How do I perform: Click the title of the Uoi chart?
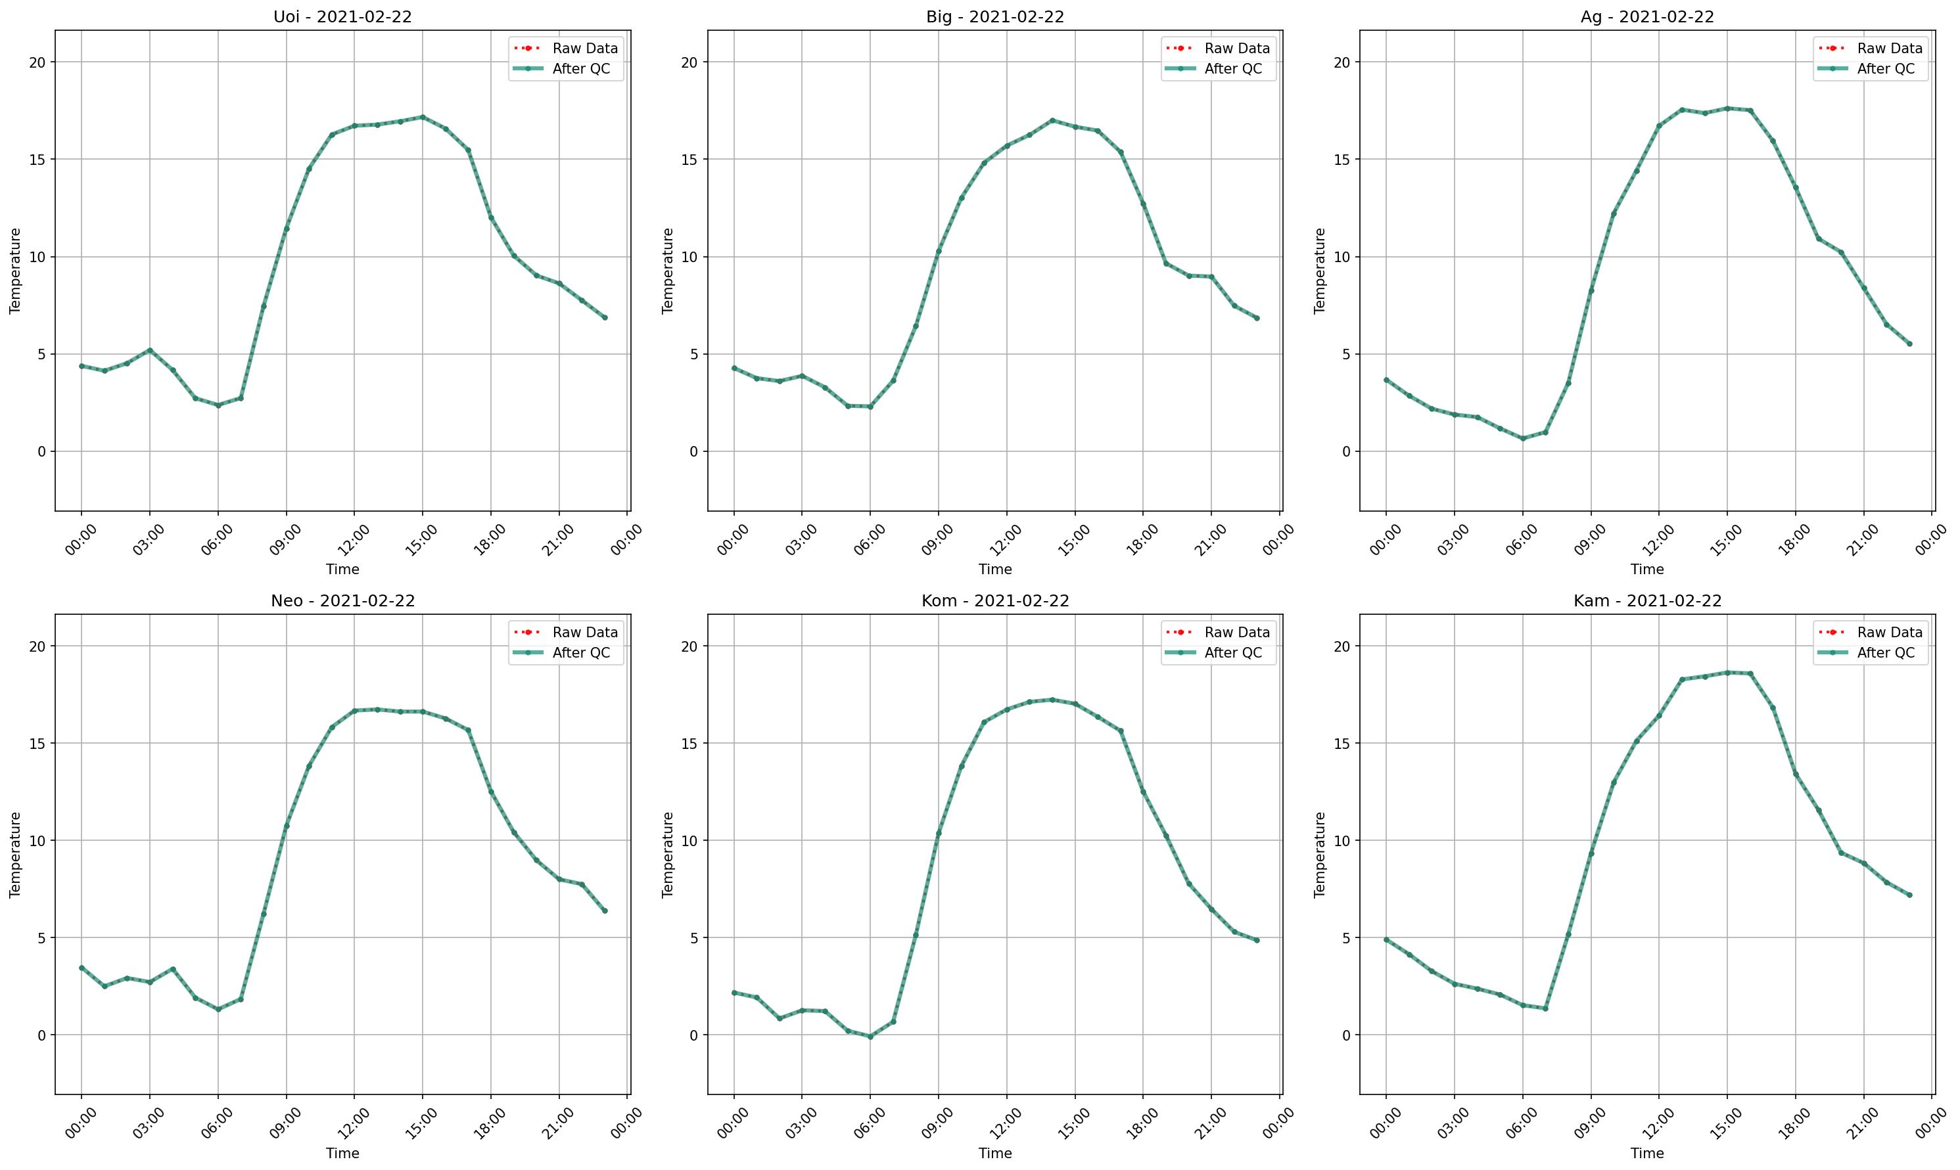tap(342, 16)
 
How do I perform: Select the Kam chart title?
tap(1647, 601)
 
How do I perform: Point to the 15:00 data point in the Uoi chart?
tap(422, 118)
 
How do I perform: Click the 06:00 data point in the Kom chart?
tap(870, 1037)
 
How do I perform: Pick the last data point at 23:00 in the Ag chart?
tap(1909, 344)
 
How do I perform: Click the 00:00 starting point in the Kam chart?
tap(1386, 940)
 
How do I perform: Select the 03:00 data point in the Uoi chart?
tap(150, 350)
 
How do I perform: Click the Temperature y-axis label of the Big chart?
tap(668, 271)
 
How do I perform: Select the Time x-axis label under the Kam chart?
tap(1647, 1154)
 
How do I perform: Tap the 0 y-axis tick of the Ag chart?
tap(1345, 452)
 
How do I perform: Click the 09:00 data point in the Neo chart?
tap(287, 826)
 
